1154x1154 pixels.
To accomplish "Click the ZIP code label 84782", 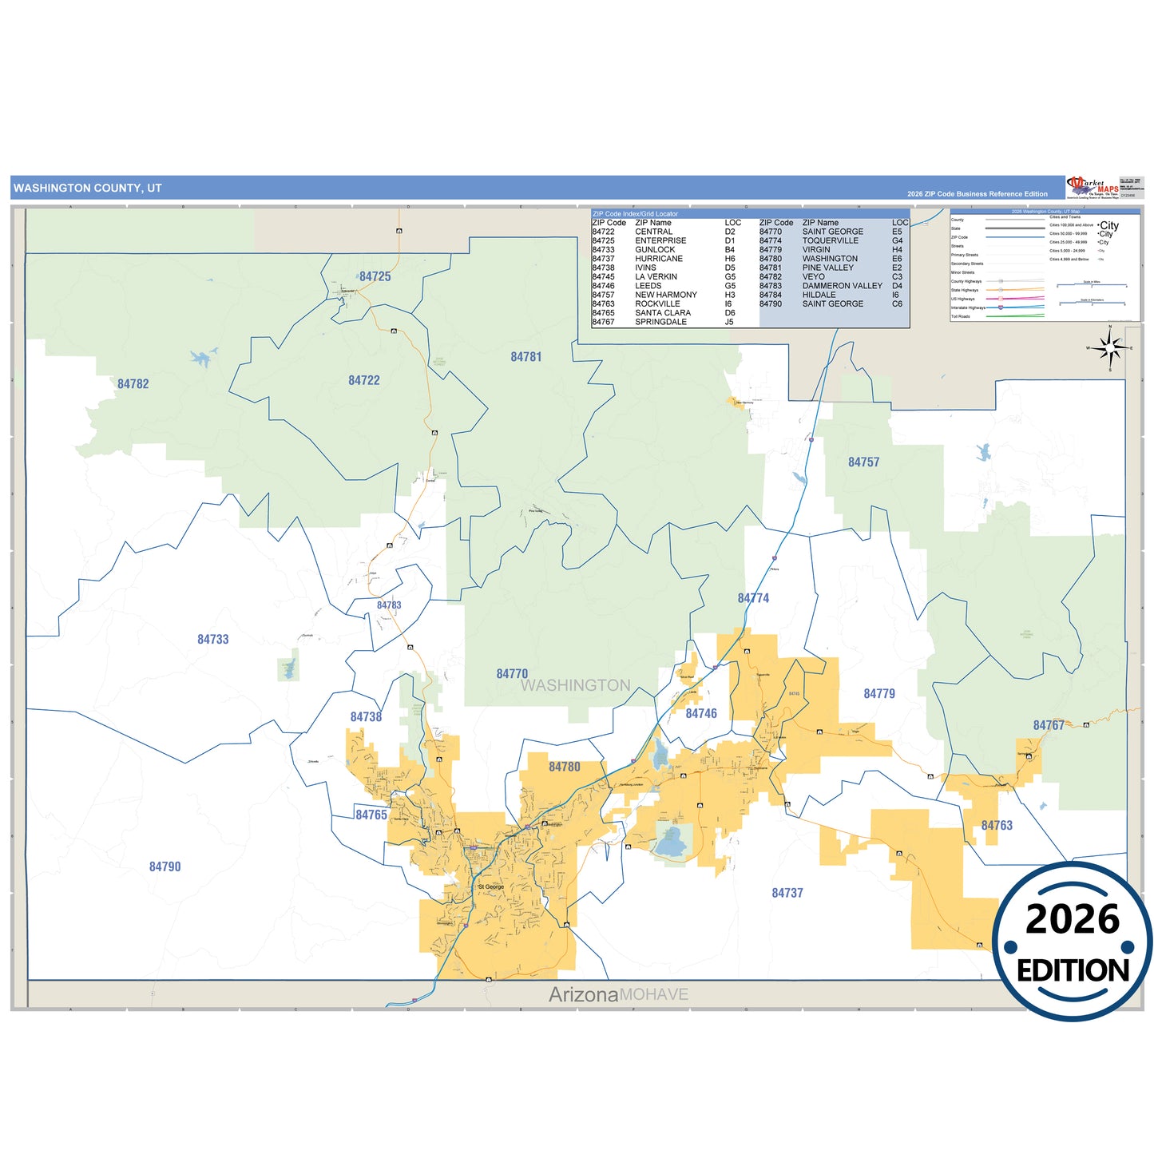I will (x=133, y=384).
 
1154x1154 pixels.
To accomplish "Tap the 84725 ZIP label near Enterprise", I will (x=375, y=276).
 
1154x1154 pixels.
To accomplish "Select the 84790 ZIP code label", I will (x=165, y=866).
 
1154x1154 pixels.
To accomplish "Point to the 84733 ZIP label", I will (x=212, y=639).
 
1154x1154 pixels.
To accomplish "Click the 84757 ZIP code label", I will (x=863, y=462).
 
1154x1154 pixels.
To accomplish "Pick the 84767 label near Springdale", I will (x=1048, y=725).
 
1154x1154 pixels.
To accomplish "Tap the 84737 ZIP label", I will (x=787, y=893).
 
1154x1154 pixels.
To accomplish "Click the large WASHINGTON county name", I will (x=575, y=685).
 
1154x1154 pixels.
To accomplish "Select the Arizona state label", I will (x=583, y=994).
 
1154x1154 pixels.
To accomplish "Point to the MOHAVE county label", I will (x=653, y=994).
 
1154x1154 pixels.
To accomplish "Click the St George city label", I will (x=490, y=886).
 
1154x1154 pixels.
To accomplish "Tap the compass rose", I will (x=1109, y=348).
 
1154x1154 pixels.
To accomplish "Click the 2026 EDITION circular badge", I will (x=1072, y=942).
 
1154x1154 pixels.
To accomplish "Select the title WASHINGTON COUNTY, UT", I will (x=88, y=188).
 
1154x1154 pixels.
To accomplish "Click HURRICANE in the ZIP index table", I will (x=659, y=259).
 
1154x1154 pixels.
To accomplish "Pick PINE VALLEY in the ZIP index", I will (x=827, y=268).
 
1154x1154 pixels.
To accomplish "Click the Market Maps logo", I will (x=1092, y=188).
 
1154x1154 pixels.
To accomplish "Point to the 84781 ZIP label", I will (x=525, y=357).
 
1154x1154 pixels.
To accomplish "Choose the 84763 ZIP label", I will (x=996, y=825).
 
